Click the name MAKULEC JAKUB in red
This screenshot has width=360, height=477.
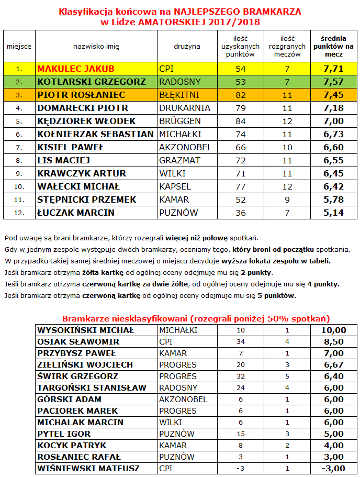[76, 69]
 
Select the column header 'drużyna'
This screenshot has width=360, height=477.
[187, 46]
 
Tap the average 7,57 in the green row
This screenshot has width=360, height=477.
[334, 82]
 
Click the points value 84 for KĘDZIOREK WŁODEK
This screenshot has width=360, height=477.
[241, 121]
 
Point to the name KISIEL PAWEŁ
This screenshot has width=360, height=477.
[71, 147]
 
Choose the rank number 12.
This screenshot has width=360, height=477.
[19, 213]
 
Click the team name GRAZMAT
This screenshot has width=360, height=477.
[179, 160]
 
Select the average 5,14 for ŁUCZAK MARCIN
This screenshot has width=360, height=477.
[334, 213]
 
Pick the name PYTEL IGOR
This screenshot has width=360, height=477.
[64, 434]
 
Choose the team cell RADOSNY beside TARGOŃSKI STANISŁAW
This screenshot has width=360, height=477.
[178, 388]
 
